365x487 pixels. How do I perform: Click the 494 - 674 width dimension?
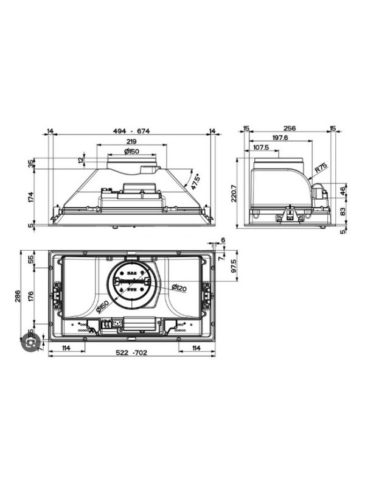point(131,131)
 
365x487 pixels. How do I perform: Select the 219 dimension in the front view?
point(131,141)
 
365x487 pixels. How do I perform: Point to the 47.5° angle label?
point(195,181)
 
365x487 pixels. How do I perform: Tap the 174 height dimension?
point(31,196)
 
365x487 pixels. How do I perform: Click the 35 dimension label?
point(31,164)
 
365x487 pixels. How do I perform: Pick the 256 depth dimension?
point(289,129)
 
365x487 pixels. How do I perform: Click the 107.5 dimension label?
point(261,147)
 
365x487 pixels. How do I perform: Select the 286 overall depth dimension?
point(18,296)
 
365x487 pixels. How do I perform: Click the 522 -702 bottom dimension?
point(131,354)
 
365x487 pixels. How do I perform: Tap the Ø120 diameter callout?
point(178,287)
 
